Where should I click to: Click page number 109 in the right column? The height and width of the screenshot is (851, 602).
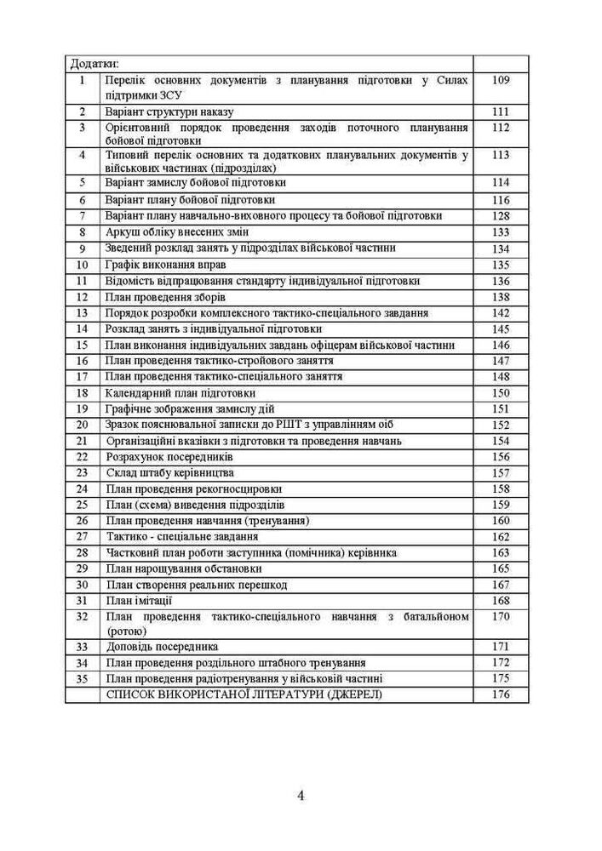(x=500, y=80)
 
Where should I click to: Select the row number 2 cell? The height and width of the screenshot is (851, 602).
(x=83, y=111)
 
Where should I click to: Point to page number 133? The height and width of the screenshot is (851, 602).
(x=500, y=232)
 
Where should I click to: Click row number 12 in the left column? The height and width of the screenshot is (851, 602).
(x=83, y=297)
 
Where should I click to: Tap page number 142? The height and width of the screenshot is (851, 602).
(x=500, y=313)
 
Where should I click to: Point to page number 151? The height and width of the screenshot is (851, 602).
(x=500, y=409)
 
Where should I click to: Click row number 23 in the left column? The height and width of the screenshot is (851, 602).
(x=83, y=473)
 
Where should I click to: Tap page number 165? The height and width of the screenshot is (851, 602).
(x=500, y=568)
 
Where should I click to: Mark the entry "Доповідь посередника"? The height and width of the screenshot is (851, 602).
(x=162, y=647)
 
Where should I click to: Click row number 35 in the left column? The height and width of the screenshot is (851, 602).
(x=83, y=679)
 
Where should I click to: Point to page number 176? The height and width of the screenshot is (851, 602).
(x=500, y=694)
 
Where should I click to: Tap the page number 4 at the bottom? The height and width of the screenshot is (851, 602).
(x=301, y=796)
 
